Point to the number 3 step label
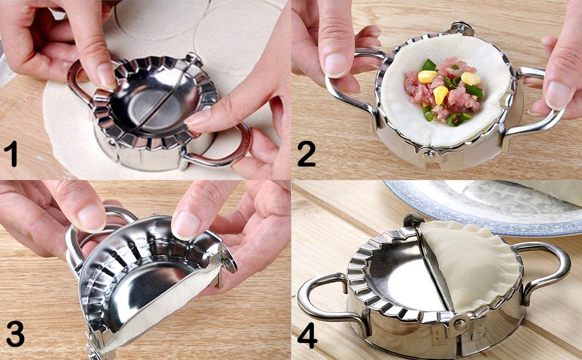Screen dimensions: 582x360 click(x=15, y=333)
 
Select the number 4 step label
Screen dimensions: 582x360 click(x=307, y=335)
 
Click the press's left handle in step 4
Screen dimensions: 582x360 click(x=326, y=297)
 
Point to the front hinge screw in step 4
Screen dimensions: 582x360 click(x=461, y=325)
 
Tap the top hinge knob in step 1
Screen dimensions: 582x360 click(x=194, y=59)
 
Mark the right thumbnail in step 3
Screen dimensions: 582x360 click(x=185, y=225)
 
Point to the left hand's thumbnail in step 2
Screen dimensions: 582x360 click(x=336, y=65)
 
